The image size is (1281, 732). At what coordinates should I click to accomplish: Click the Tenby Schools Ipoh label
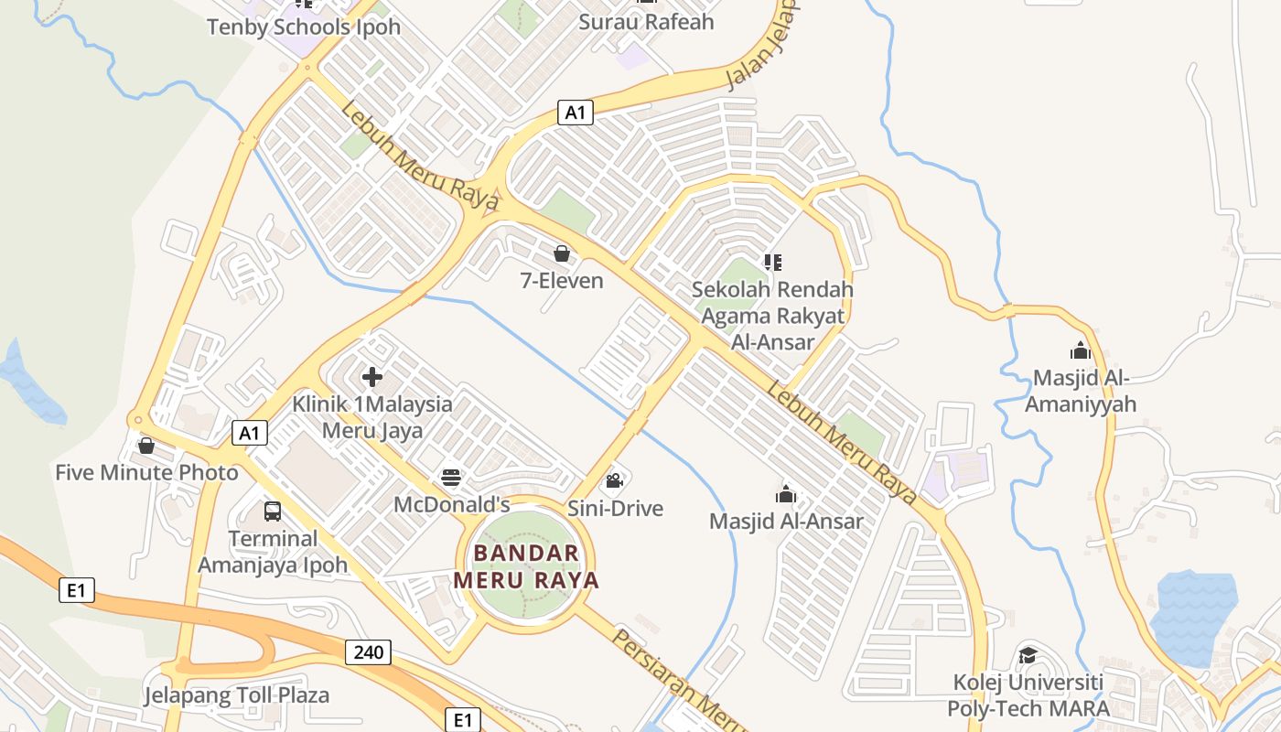(x=304, y=27)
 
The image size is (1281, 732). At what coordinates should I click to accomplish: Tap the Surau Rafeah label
(x=646, y=21)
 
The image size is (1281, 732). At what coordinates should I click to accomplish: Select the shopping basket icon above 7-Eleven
(x=562, y=253)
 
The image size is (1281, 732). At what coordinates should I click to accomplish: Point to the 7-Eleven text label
(x=562, y=280)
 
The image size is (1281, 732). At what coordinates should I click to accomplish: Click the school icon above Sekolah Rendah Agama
(x=773, y=263)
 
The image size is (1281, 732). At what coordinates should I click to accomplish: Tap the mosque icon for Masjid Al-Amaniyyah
(x=1081, y=350)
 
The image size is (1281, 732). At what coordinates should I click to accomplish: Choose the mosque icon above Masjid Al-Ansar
(x=786, y=495)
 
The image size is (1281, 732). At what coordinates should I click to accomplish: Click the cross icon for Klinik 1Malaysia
(x=372, y=376)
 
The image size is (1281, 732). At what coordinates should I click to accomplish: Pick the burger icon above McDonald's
(x=451, y=477)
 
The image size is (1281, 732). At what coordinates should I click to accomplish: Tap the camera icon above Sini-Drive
(x=615, y=480)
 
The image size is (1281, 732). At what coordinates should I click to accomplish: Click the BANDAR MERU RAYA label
(x=526, y=566)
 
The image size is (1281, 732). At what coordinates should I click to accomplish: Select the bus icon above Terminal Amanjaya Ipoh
(x=273, y=511)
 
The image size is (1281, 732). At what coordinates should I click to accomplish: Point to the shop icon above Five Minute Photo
(x=146, y=446)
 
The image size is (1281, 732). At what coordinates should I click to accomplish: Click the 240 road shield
(x=369, y=651)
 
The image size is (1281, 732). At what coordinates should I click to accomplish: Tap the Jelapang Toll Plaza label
(x=236, y=695)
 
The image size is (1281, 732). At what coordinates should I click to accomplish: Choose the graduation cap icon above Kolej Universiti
(x=1028, y=655)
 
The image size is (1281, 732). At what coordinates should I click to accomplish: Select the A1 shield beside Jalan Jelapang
(x=576, y=113)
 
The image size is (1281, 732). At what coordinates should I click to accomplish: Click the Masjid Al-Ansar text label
(x=786, y=522)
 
